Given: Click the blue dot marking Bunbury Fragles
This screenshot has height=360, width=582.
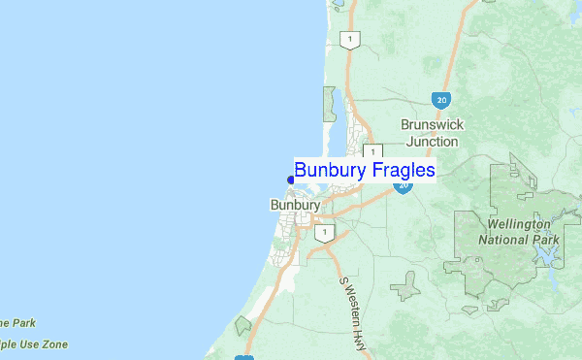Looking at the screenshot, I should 291,179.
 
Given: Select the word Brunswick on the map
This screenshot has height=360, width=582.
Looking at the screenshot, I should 433,125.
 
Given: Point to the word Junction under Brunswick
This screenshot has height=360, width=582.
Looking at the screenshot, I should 433,141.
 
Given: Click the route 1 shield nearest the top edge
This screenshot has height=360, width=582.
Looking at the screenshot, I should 349,40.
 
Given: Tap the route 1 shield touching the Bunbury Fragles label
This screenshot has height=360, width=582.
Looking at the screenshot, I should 373,151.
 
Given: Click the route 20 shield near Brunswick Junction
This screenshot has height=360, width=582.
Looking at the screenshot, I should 441,99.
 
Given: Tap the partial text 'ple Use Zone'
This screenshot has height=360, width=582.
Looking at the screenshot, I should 33,344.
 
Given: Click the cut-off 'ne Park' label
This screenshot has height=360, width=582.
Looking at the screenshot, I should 17,323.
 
